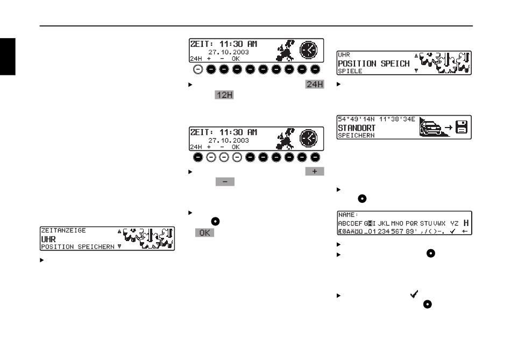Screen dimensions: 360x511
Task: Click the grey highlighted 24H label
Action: click(315, 84)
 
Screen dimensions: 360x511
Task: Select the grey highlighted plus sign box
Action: click(315, 171)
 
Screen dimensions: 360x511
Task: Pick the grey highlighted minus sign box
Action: click(225, 182)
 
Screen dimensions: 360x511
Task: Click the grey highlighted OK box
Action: click(204, 233)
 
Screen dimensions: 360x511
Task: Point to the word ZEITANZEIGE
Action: click(63, 230)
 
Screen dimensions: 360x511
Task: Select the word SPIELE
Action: click(350, 71)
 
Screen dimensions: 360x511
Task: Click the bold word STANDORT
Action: click(358, 129)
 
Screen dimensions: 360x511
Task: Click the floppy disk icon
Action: click(463, 128)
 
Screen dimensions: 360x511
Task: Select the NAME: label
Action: click(348, 214)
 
